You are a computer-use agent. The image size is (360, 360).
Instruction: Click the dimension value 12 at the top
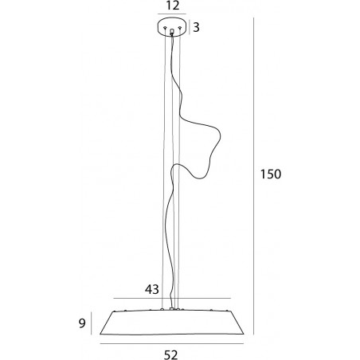click(173, 6)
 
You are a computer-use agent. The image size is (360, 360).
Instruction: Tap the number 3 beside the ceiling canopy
click(196, 27)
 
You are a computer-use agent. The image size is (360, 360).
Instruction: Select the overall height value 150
click(271, 174)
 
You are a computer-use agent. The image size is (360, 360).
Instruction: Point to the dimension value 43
click(152, 289)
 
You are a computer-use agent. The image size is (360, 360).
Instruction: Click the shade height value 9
click(82, 323)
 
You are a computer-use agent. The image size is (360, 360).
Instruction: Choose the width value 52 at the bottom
click(170, 354)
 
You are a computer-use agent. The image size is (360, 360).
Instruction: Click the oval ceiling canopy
click(172, 26)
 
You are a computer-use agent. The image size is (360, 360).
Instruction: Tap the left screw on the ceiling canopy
click(165, 28)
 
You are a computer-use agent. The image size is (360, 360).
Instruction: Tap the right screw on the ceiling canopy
click(180, 28)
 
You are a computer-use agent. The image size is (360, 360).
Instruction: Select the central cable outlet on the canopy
click(172, 32)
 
